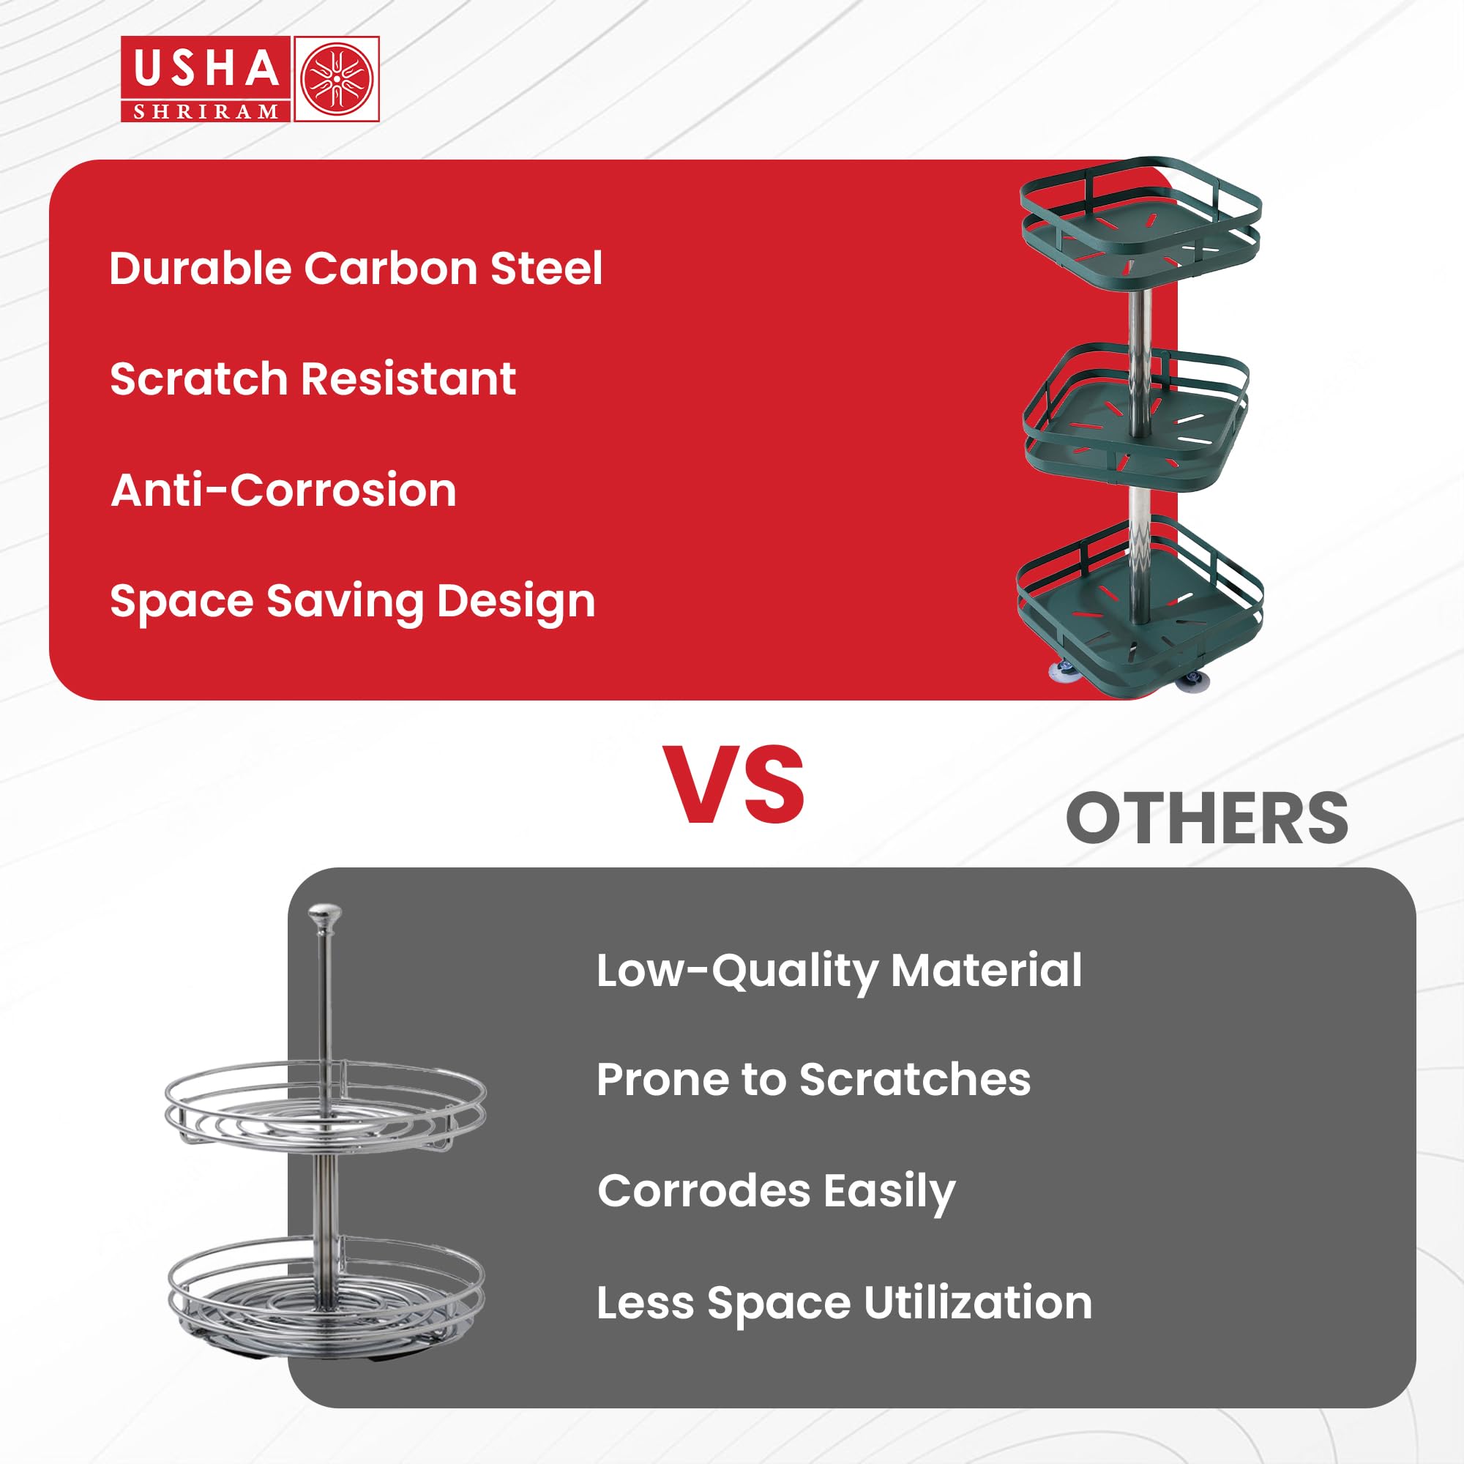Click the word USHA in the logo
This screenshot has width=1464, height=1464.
206,68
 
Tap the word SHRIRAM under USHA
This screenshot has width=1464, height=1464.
206,112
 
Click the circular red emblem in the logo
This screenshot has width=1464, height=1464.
337,79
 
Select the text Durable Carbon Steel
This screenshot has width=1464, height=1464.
356,268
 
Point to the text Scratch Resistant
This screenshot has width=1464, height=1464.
313,379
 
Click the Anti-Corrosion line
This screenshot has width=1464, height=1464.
283,490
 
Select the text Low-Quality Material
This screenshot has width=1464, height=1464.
840,971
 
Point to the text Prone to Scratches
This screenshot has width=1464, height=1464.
814,1079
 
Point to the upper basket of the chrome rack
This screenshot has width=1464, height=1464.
326,1107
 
